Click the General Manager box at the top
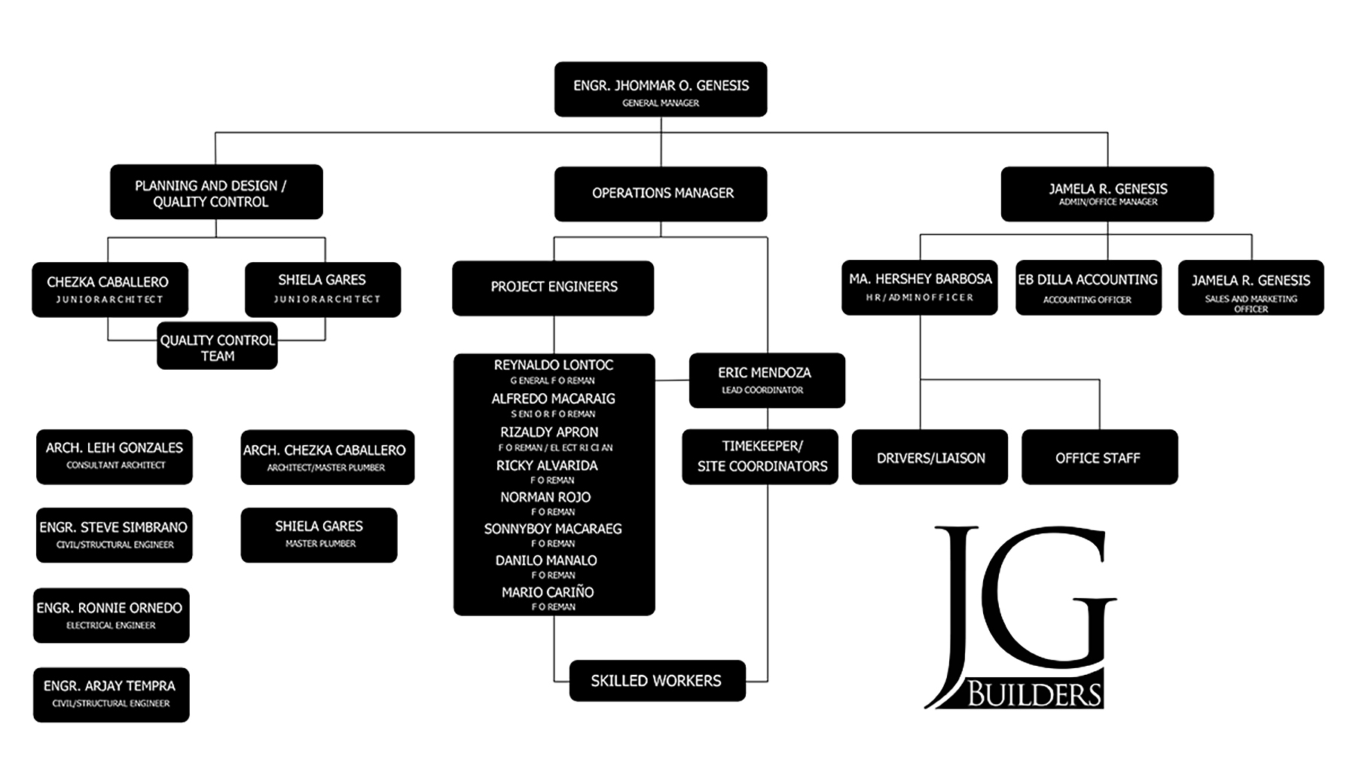(x=661, y=90)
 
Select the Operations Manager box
(x=661, y=194)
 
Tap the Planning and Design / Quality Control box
(x=216, y=192)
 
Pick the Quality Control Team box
(x=217, y=346)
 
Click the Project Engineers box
(x=553, y=288)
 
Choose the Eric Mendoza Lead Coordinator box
(x=766, y=380)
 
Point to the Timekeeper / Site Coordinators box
(x=760, y=457)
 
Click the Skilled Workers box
(x=657, y=681)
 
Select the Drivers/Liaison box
(x=930, y=457)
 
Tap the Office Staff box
(x=1099, y=457)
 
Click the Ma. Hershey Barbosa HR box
(x=919, y=287)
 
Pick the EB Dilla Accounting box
(x=1088, y=288)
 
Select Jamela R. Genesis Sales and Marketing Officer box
(x=1251, y=288)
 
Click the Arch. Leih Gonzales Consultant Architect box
(x=115, y=456)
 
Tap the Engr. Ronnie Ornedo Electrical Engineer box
(x=111, y=615)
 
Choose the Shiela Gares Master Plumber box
(x=319, y=535)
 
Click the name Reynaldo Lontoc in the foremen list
(x=554, y=365)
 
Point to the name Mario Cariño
(x=548, y=593)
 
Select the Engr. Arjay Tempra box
(x=111, y=694)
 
